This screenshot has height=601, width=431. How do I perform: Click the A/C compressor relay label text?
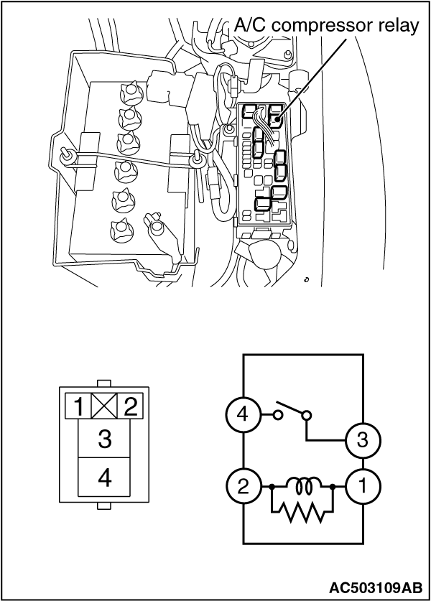click(326, 26)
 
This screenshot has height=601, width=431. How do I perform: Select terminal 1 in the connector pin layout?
click(78, 406)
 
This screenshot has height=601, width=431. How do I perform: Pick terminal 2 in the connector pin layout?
click(130, 406)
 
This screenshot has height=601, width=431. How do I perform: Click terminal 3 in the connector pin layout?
click(104, 439)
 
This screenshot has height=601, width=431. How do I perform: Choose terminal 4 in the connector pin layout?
click(104, 477)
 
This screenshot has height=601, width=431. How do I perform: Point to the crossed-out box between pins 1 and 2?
click(104, 406)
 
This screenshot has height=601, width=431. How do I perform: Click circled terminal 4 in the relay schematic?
click(243, 415)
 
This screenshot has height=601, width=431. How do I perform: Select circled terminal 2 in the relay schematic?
click(243, 487)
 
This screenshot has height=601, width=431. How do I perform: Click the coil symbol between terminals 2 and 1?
click(303, 485)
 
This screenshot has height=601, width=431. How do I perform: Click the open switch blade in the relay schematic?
click(291, 408)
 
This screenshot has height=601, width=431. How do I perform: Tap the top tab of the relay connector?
click(104, 383)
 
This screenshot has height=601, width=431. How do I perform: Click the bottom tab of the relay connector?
click(104, 506)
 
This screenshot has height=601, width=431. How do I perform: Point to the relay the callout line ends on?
click(275, 115)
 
